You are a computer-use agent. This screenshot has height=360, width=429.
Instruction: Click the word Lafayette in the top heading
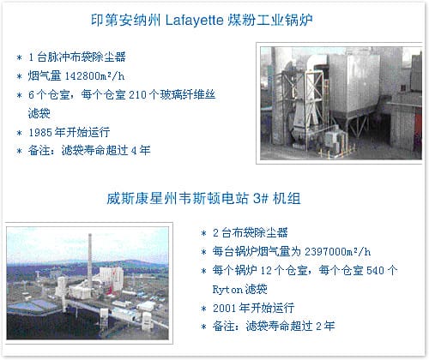[x=195, y=21]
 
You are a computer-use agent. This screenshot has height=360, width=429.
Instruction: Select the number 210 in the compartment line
[x=137, y=95]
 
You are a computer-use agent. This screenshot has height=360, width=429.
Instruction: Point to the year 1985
[x=39, y=132]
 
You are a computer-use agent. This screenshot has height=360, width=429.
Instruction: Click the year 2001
[x=225, y=308]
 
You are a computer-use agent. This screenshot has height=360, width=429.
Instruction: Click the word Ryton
[x=227, y=290]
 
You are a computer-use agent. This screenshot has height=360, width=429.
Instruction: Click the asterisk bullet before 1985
[x=19, y=133]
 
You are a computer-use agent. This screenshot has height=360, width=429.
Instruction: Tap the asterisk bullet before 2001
[x=203, y=309]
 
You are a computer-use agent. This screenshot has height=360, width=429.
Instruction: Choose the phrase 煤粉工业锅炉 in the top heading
[x=269, y=21]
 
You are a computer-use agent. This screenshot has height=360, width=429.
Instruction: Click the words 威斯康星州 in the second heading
[x=142, y=198]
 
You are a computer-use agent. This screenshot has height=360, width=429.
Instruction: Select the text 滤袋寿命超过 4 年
[x=106, y=151]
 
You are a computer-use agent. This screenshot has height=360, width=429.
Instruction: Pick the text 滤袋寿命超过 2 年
[x=290, y=327]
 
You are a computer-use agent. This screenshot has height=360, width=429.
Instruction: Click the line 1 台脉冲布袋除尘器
[x=77, y=57]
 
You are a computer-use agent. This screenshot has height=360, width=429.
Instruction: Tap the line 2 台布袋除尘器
[x=251, y=233]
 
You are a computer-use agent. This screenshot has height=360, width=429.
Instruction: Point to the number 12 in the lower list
[x=266, y=270]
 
